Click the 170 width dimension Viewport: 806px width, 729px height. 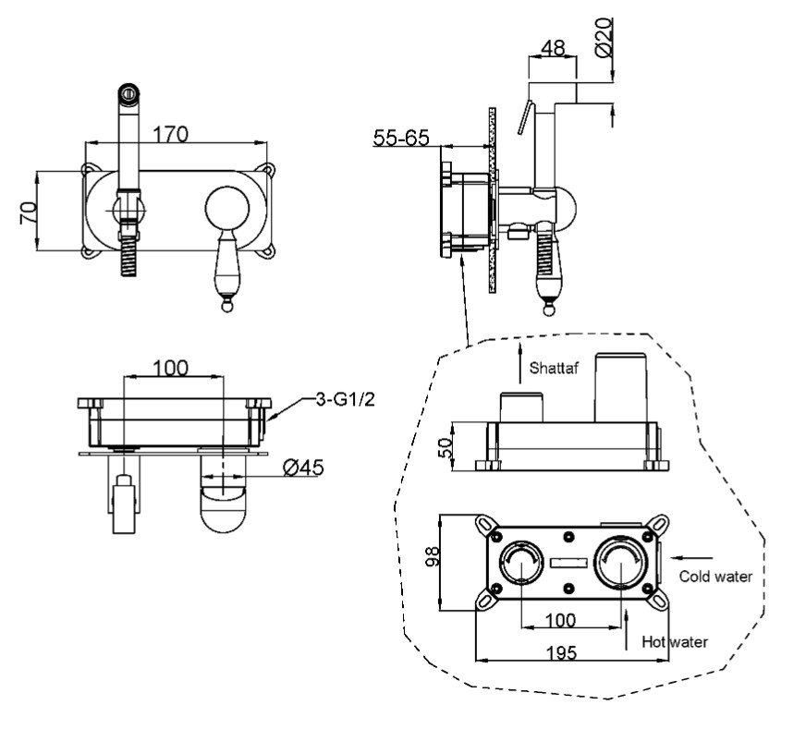click(x=171, y=134)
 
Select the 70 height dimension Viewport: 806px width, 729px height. click(x=29, y=213)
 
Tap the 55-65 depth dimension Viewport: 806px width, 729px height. click(x=401, y=138)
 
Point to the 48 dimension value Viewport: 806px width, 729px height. click(x=553, y=48)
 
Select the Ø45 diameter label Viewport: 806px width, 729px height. click(x=303, y=468)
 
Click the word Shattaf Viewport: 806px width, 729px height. click(x=555, y=368)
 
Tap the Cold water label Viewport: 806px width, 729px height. click(x=715, y=577)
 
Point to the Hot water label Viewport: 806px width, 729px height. click(x=675, y=641)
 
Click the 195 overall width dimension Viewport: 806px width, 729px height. click(x=561, y=653)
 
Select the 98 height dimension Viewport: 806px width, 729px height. click(x=434, y=556)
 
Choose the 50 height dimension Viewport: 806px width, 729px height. click(x=446, y=447)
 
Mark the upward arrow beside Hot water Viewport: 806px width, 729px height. click(x=626, y=630)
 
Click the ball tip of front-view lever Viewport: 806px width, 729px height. click(x=226, y=307)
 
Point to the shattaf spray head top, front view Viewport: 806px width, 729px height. click(x=128, y=93)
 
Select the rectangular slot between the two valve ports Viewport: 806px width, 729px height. click(x=568, y=563)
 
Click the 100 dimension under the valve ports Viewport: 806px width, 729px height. click(x=560, y=620)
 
